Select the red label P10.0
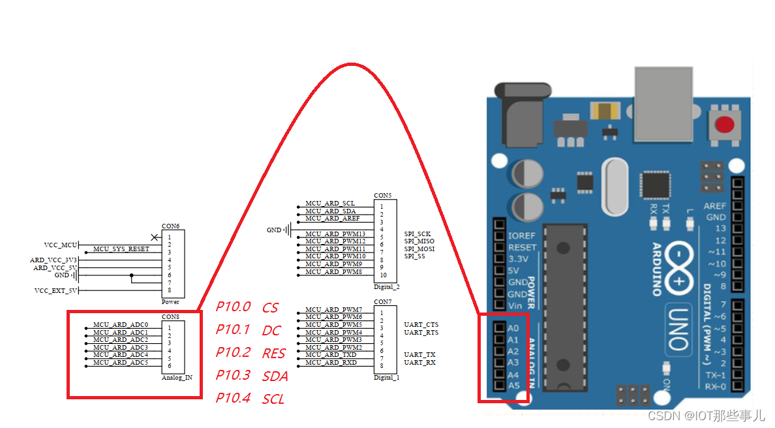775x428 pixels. coord(233,307)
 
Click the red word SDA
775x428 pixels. coord(275,376)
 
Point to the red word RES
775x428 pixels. coord(274,354)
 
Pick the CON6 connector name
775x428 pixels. coord(170,226)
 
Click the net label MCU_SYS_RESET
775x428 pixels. coord(121,249)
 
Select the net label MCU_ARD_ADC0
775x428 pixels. coord(120,324)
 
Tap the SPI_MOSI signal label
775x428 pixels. coord(419,249)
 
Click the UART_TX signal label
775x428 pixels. coord(419,354)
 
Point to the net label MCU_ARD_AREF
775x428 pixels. coord(332,219)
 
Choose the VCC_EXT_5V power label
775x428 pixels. coord(55,290)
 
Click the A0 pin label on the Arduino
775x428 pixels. coord(513,328)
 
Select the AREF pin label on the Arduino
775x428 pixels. coord(715,206)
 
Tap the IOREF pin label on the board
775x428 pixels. coord(523,235)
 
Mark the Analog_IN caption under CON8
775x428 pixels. coord(177,377)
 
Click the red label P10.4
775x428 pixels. coord(233,398)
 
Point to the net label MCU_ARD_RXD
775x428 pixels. coord(331,362)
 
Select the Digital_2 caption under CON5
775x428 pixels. coord(387,286)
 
